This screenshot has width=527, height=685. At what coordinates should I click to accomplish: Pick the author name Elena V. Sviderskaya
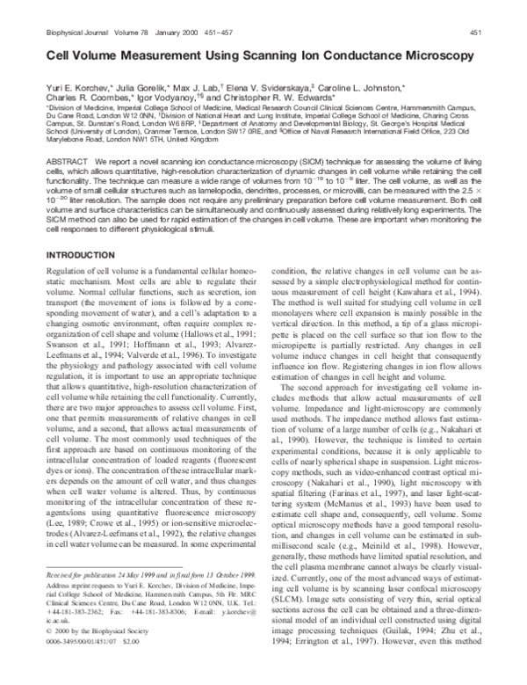point(271,91)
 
